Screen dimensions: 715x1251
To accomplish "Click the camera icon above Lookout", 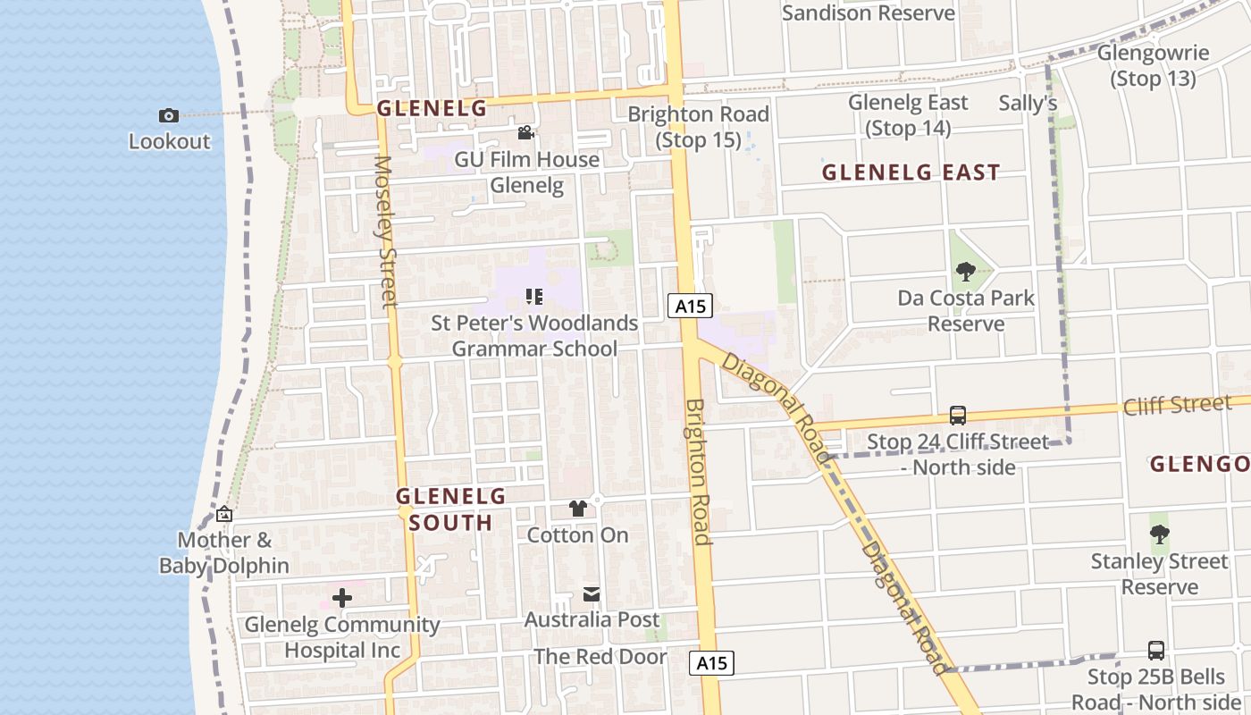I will point(168,115).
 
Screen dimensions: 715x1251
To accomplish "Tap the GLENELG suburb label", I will point(432,109).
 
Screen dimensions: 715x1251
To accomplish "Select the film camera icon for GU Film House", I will point(526,133).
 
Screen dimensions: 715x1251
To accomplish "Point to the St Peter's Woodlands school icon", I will point(534,297).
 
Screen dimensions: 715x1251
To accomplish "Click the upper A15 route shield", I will point(690,307).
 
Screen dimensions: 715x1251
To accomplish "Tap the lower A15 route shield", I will point(712,663).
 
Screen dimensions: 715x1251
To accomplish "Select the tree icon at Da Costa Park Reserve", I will point(965,272).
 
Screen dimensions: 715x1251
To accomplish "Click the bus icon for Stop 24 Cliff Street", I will point(957,416).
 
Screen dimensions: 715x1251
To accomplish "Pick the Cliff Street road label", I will point(1178,406).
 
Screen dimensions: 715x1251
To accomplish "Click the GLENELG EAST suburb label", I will point(911,172).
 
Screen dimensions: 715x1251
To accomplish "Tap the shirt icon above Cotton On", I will point(578,509).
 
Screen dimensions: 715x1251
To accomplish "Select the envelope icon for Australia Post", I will point(592,594).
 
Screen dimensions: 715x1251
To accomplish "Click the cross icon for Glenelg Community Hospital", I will point(342,599).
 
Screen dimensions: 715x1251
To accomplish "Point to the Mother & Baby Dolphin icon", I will point(224,515).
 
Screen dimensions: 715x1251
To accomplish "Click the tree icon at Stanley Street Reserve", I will point(1159,534).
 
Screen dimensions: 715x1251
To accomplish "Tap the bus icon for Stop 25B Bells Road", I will point(1156,651).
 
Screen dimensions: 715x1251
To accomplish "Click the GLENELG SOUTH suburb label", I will point(450,509).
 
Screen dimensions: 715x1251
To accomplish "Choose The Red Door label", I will point(600,657).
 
